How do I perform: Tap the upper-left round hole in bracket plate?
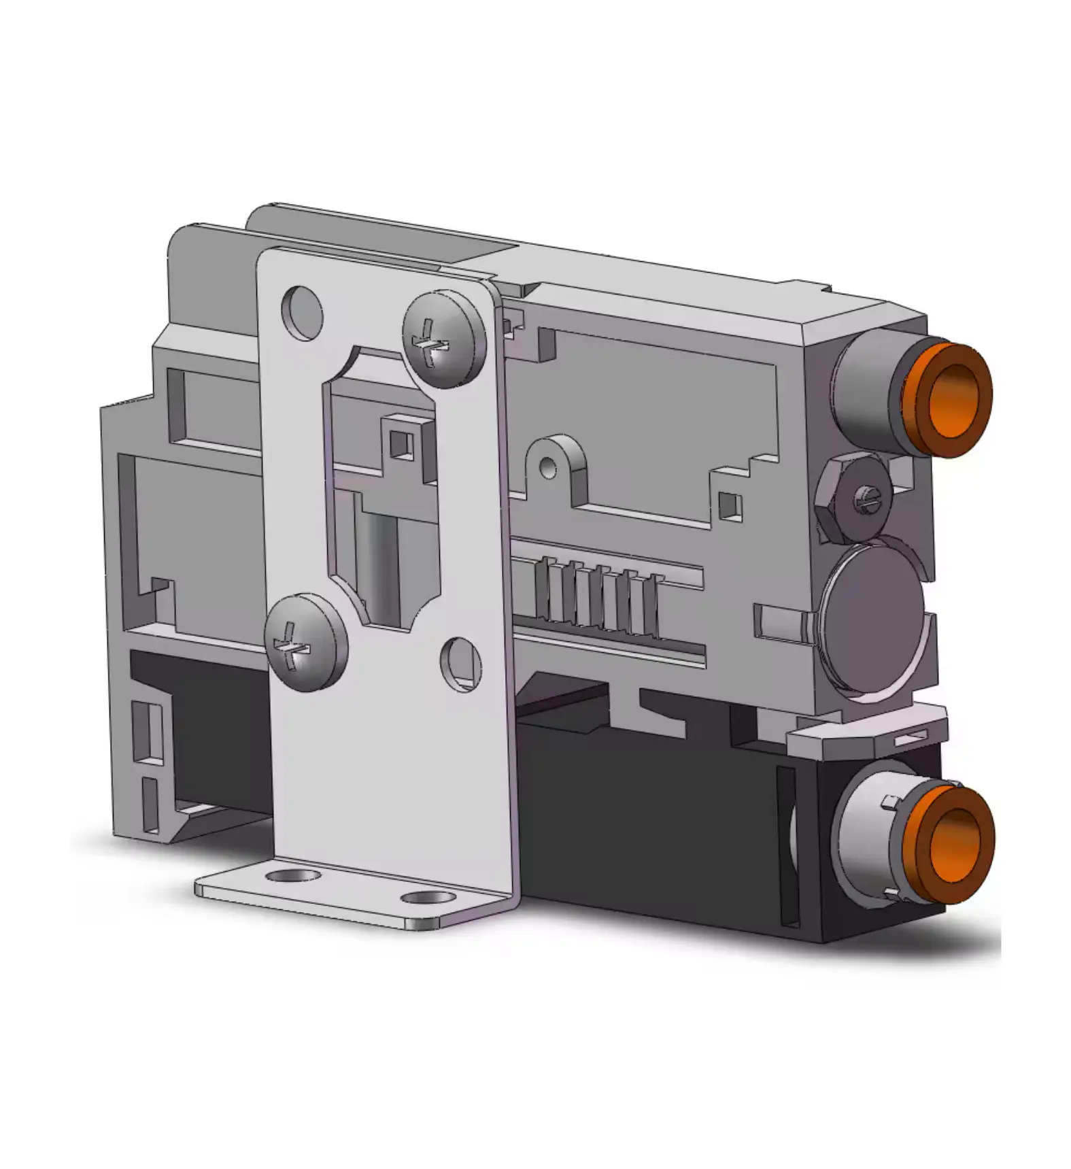[301, 311]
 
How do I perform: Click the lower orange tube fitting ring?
[954, 843]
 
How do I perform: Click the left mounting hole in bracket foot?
[293, 875]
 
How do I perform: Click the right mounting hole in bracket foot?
[427, 898]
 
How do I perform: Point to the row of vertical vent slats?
[598, 596]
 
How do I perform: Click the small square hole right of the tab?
[731, 504]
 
